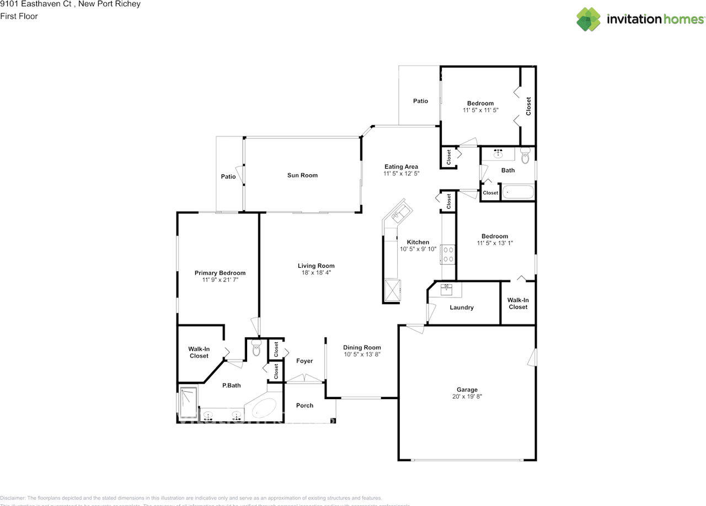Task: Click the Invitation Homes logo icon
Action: point(589,19)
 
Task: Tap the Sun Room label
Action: point(302,175)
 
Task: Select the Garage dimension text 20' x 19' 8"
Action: point(467,396)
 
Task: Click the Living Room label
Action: point(316,266)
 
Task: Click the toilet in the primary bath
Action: point(256,348)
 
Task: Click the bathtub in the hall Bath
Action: point(517,192)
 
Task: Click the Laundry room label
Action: point(462,308)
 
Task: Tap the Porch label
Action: point(304,406)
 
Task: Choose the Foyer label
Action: point(304,361)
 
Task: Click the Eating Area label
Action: point(401,166)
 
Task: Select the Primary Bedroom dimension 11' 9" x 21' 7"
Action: point(220,280)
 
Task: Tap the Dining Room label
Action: point(362,347)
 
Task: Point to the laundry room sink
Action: point(447,287)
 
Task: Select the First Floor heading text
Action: point(19,17)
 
